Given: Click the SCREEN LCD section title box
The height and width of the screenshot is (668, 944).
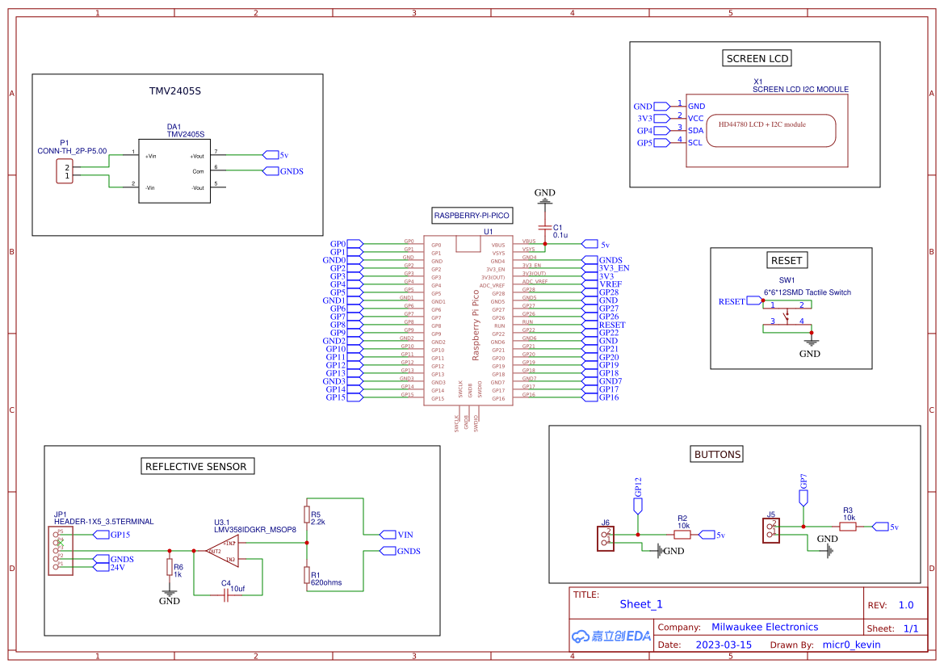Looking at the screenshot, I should [x=757, y=58].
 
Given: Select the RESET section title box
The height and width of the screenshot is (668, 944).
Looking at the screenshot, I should [x=787, y=260].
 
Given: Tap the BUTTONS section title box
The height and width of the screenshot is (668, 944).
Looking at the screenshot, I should [x=717, y=454].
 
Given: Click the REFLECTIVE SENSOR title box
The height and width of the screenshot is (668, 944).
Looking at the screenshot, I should [x=197, y=466].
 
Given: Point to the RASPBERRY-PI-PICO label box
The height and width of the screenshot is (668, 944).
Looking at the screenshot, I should [x=472, y=216].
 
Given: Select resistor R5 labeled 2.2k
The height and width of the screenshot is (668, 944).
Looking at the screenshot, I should [x=306, y=515].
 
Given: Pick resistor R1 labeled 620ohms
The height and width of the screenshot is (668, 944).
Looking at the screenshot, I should [x=306, y=574].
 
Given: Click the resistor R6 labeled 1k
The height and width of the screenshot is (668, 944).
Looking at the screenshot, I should [x=169, y=568].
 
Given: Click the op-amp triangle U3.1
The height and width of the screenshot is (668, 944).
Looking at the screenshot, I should [x=220, y=551].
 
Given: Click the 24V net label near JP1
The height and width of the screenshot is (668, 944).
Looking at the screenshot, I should [x=118, y=567].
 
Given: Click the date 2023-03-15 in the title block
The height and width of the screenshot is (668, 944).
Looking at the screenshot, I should [x=724, y=645].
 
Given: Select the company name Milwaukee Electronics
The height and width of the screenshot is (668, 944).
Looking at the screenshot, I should [x=764, y=627].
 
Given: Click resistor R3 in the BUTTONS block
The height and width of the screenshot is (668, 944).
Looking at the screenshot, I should [x=847, y=527].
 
